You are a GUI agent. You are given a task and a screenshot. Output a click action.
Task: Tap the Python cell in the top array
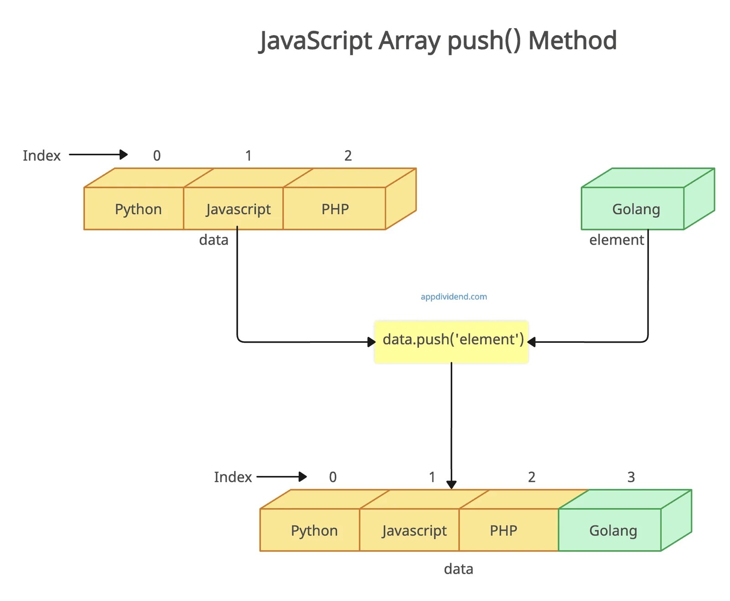coord(138,209)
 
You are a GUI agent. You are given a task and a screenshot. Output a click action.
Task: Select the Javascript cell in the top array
coord(238,209)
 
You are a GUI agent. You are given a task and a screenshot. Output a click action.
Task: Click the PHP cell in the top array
coord(335,209)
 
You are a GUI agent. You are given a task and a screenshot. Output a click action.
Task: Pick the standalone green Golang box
coord(636,209)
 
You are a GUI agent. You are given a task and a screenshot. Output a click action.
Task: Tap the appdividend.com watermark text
coord(454,297)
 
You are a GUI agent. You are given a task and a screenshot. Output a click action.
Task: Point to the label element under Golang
coord(616,240)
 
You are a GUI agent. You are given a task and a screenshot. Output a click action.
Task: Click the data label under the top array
coord(214,240)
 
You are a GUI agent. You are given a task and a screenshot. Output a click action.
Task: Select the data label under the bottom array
coord(458,569)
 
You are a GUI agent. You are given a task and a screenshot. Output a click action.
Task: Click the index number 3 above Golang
coord(631,477)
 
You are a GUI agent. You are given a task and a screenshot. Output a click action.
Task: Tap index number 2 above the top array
coord(348,156)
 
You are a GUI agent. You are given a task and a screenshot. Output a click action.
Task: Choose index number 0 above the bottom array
coord(333,477)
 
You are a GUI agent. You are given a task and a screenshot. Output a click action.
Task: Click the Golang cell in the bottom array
coord(613,530)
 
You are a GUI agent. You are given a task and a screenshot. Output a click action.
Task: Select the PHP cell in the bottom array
coord(503,530)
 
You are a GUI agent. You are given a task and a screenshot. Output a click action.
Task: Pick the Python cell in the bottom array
coord(314,530)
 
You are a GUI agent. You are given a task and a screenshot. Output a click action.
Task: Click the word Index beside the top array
coord(42,156)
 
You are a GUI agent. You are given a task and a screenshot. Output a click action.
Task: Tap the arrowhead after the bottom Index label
coord(302,477)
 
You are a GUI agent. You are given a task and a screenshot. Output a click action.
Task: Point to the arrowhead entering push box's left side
coord(371,342)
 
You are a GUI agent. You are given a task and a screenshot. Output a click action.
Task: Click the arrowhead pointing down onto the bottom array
coord(451,485)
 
